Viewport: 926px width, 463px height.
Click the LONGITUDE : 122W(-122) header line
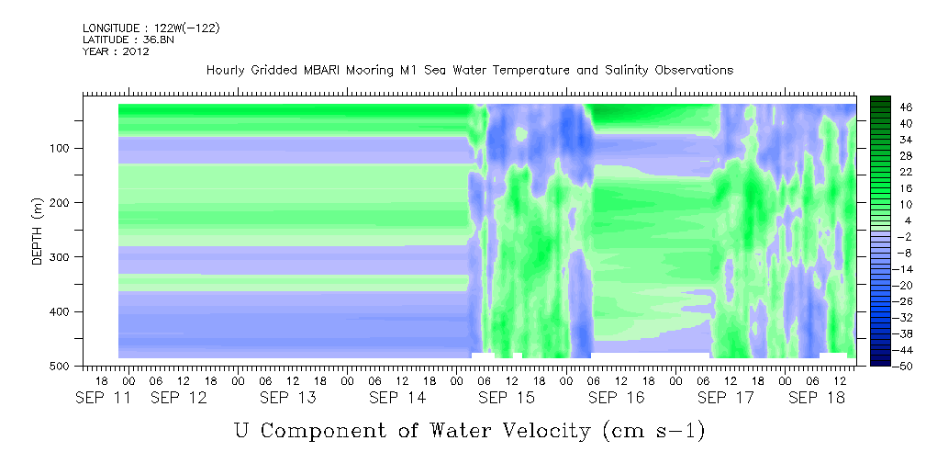point(151,28)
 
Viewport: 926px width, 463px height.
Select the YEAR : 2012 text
point(116,51)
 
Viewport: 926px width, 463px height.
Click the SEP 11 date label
point(104,398)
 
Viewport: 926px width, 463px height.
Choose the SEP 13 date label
point(288,398)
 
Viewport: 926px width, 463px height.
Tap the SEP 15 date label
point(506,398)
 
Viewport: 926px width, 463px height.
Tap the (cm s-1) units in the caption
point(653,431)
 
